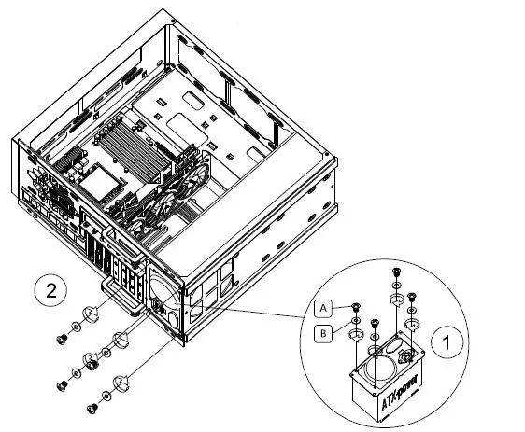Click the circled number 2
pos(50,290)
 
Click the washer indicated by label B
pos(356,333)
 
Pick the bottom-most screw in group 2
pos(92,408)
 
